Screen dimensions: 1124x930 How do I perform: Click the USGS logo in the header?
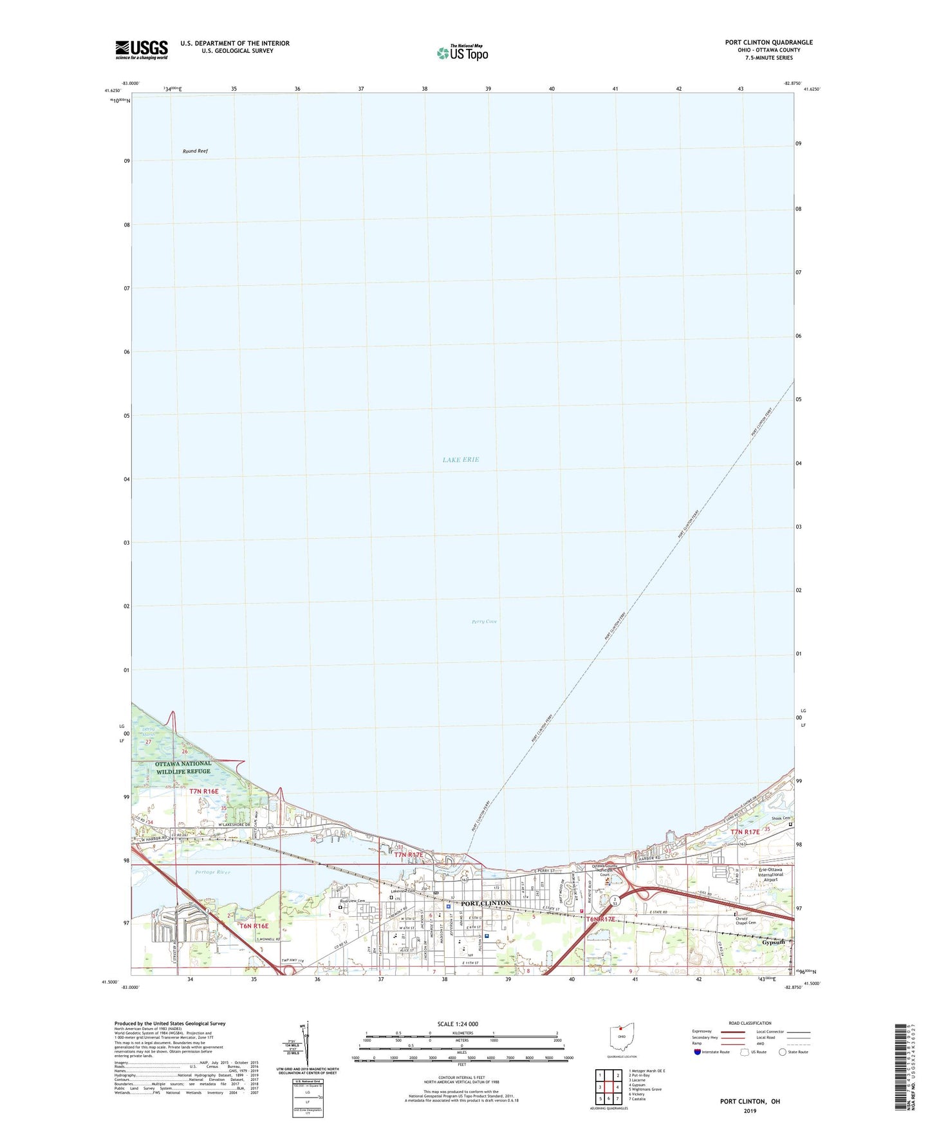point(142,50)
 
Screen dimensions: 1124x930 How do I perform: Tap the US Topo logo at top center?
point(463,53)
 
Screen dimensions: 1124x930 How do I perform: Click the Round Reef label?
point(195,151)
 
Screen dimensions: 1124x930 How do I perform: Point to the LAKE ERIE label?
point(461,460)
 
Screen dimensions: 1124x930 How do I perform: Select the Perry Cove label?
point(484,622)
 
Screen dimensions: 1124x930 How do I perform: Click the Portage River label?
point(212,872)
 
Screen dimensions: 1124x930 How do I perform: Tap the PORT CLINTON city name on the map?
point(486,903)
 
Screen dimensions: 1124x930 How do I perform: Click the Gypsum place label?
point(774,942)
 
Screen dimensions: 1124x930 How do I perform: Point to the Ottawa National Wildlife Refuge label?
point(183,767)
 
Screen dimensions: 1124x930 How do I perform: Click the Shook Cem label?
point(781,819)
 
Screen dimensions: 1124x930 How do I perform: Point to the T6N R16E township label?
point(254,926)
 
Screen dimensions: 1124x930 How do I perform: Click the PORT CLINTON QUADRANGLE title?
point(768,42)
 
